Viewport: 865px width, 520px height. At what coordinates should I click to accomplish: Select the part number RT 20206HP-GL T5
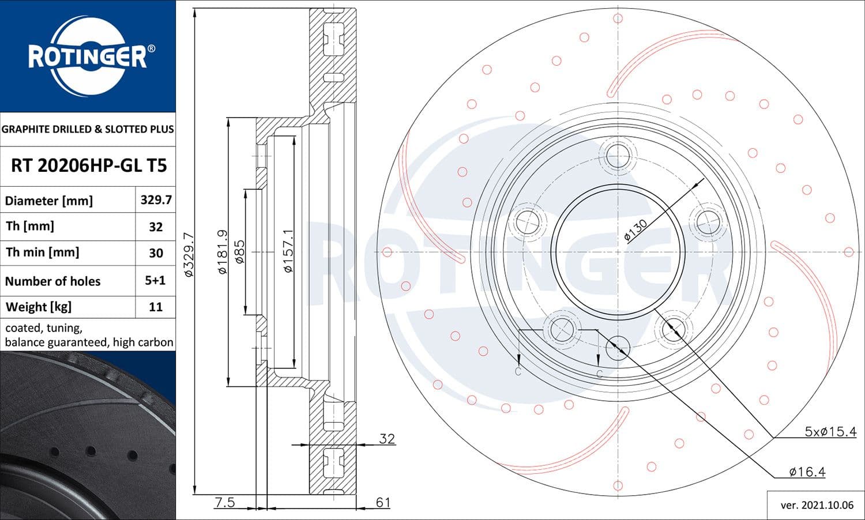(89, 165)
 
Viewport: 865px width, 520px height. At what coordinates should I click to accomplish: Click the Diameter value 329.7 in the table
(156, 200)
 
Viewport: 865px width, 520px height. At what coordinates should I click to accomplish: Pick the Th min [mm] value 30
(156, 253)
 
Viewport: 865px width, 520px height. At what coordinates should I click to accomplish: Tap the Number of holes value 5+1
(155, 280)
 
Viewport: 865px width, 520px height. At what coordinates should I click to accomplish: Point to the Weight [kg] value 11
(156, 307)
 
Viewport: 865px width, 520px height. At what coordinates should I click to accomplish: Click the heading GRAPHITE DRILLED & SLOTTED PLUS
(88, 129)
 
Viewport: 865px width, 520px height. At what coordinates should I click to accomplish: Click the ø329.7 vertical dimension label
(189, 254)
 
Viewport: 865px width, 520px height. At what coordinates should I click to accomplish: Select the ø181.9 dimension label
(223, 252)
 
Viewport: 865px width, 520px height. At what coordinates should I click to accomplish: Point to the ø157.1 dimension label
(288, 251)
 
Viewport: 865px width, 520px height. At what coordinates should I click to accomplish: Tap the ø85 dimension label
(239, 252)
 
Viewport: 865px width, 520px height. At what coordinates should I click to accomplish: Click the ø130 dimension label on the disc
(635, 229)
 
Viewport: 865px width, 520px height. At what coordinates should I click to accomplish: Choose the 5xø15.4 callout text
(830, 432)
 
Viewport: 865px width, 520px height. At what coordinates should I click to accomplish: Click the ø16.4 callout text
(807, 472)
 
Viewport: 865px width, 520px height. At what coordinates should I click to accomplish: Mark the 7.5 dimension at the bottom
(224, 502)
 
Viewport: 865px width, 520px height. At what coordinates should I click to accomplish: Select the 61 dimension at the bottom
(383, 502)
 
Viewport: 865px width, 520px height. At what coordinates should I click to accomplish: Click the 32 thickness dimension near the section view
(386, 439)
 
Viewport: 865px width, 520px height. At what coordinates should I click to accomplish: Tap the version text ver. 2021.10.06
(817, 505)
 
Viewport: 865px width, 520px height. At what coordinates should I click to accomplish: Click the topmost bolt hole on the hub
(618, 156)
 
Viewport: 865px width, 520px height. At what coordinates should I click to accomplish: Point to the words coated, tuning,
(44, 328)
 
